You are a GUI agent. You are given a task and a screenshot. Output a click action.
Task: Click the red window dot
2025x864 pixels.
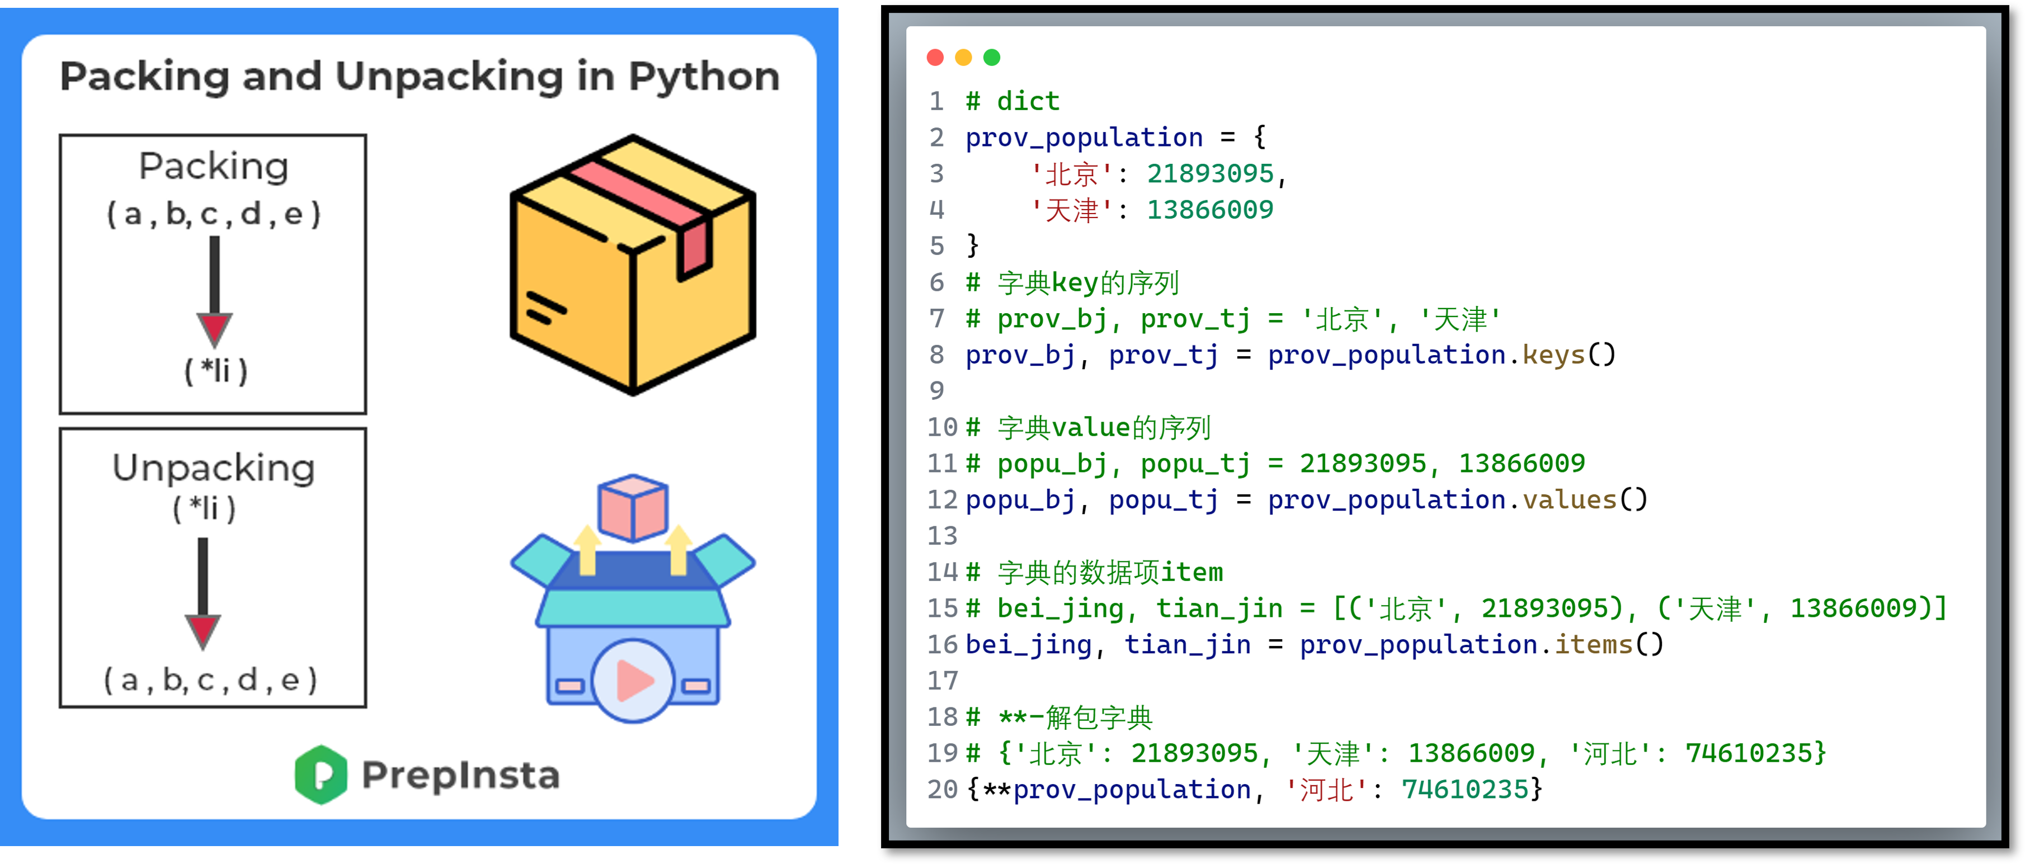click(x=935, y=58)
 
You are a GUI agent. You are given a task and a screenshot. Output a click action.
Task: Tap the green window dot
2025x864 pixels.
click(x=992, y=58)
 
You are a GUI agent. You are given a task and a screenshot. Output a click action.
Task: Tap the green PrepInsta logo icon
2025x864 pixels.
click(x=321, y=775)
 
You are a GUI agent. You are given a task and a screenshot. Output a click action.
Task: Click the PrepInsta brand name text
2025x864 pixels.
click(x=460, y=775)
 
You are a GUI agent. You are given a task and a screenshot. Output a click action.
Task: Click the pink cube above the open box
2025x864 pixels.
click(x=633, y=507)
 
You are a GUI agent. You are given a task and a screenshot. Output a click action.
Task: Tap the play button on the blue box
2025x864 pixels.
click(x=633, y=680)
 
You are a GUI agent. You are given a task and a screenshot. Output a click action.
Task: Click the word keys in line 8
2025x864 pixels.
click(x=1553, y=355)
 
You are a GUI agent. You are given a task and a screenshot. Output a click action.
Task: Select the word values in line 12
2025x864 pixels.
click(x=1569, y=500)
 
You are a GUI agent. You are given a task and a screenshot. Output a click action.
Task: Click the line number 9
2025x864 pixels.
click(x=936, y=391)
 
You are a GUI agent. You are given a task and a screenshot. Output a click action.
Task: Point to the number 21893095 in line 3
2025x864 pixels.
click(x=1210, y=174)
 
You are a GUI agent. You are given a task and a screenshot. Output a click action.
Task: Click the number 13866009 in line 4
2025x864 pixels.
click(x=1210, y=210)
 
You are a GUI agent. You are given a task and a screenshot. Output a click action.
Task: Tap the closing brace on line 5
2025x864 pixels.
click(x=972, y=245)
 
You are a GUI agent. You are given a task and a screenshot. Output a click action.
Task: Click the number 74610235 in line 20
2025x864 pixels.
click(x=1464, y=789)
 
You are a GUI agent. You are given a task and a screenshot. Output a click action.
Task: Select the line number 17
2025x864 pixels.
click(x=942, y=681)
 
